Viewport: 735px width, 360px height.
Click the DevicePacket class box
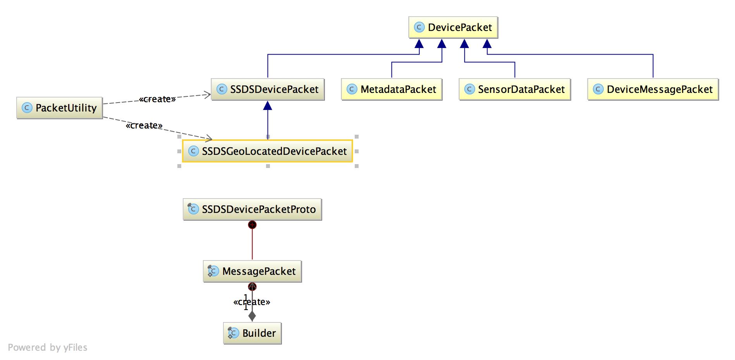click(x=453, y=27)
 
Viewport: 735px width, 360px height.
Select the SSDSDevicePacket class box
click(x=268, y=89)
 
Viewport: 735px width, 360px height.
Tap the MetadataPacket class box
click(x=392, y=89)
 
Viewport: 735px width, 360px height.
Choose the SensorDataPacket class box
click(x=515, y=89)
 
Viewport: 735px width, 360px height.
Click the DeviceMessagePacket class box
click(x=653, y=89)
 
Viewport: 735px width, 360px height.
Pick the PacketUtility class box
click(x=60, y=108)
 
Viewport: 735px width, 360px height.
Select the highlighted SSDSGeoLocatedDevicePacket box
click(x=268, y=151)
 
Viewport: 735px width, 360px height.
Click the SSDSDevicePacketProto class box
click(x=252, y=209)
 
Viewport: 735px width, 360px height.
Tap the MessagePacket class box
click(x=252, y=271)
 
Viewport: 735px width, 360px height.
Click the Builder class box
click(x=252, y=333)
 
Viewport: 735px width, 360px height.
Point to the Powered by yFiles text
click(x=48, y=347)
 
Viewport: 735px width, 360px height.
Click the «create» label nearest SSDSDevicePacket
click(x=157, y=99)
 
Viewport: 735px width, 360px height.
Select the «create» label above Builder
click(x=252, y=302)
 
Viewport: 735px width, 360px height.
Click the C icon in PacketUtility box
click(x=27, y=108)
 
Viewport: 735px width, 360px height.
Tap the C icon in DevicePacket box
click(x=419, y=27)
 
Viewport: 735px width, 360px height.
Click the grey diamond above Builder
click(x=252, y=316)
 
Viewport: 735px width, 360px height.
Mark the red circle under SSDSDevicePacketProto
click(x=252, y=225)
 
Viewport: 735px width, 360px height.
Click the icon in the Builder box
click(x=233, y=333)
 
